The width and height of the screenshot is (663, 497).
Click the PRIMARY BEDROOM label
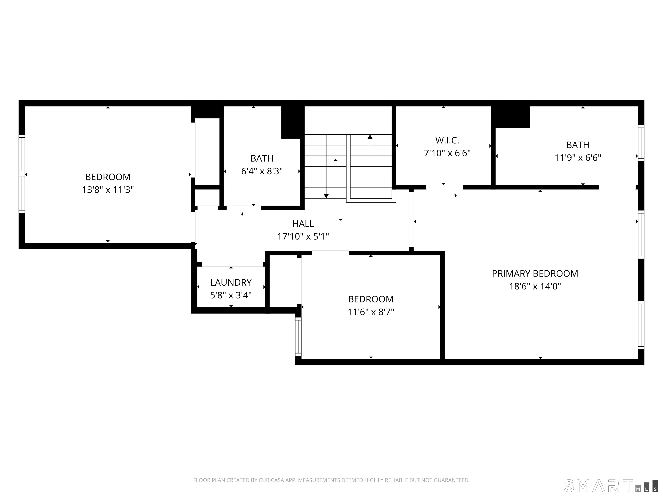pyautogui.click(x=535, y=274)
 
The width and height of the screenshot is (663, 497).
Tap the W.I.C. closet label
pyautogui.click(x=447, y=140)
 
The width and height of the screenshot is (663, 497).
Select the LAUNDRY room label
pyautogui.click(x=231, y=283)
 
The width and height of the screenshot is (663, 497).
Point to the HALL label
pyautogui.click(x=303, y=224)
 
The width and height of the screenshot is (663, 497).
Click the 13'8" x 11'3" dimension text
pyautogui.click(x=108, y=190)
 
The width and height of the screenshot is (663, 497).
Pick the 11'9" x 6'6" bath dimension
pyautogui.click(x=578, y=158)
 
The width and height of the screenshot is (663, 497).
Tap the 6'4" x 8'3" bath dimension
pyautogui.click(x=262, y=171)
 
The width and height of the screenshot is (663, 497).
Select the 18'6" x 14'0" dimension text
pyautogui.click(x=535, y=286)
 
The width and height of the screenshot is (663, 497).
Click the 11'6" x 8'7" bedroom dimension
pyautogui.click(x=371, y=312)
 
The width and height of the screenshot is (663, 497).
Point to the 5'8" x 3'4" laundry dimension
pyautogui.click(x=231, y=295)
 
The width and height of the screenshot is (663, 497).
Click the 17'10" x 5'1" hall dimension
pyautogui.click(x=303, y=237)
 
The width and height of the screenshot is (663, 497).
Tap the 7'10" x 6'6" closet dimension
pyautogui.click(x=447, y=153)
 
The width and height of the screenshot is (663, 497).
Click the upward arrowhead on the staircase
pyautogui.click(x=370, y=137)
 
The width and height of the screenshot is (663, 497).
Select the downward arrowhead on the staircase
pyautogui.click(x=326, y=196)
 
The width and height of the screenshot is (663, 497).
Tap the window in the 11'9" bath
pyautogui.click(x=641, y=143)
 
